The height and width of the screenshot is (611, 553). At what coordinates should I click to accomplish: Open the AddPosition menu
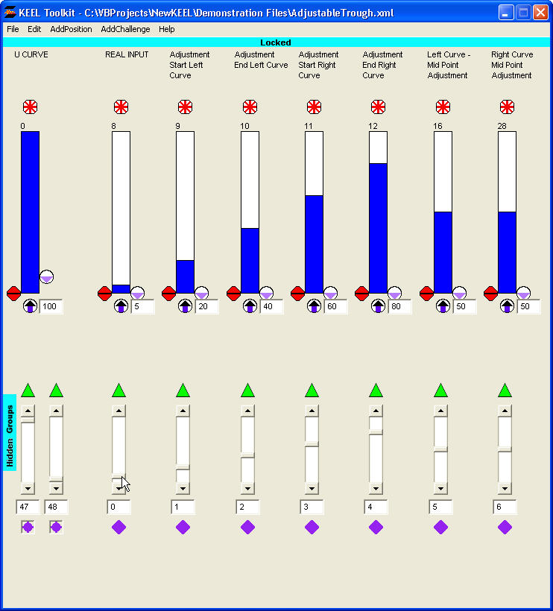point(71,29)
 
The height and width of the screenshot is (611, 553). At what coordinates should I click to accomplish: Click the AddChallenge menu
point(125,29)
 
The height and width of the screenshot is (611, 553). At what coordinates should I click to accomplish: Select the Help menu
point(167,29)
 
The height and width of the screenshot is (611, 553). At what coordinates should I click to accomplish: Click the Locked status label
point(276,42)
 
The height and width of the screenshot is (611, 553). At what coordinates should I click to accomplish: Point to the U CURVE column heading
point(31,54)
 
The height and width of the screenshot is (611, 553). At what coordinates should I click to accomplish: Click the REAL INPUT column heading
point(127,54)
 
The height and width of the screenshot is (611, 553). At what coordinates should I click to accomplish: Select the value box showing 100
point(51,306)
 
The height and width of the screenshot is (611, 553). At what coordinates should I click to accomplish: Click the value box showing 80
point(399,306)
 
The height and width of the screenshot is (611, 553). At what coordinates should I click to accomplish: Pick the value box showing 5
point(142,306)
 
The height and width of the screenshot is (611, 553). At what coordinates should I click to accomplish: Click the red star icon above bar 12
point(379,107)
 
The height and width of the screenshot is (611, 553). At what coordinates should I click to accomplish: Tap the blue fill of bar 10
point(250,260)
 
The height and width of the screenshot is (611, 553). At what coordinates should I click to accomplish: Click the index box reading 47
point(28,507)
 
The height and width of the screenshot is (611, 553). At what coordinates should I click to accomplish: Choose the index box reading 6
point(505,507)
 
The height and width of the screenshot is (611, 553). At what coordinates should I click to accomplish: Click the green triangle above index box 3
point(312,390)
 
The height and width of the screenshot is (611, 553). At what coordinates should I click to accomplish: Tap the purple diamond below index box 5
point(440,528)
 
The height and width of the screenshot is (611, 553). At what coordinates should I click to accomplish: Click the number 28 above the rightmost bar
point(502,126)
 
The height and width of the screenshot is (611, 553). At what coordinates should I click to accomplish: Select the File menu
point(13,29)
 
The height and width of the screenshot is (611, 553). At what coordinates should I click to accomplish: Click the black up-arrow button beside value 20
point(185,305)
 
